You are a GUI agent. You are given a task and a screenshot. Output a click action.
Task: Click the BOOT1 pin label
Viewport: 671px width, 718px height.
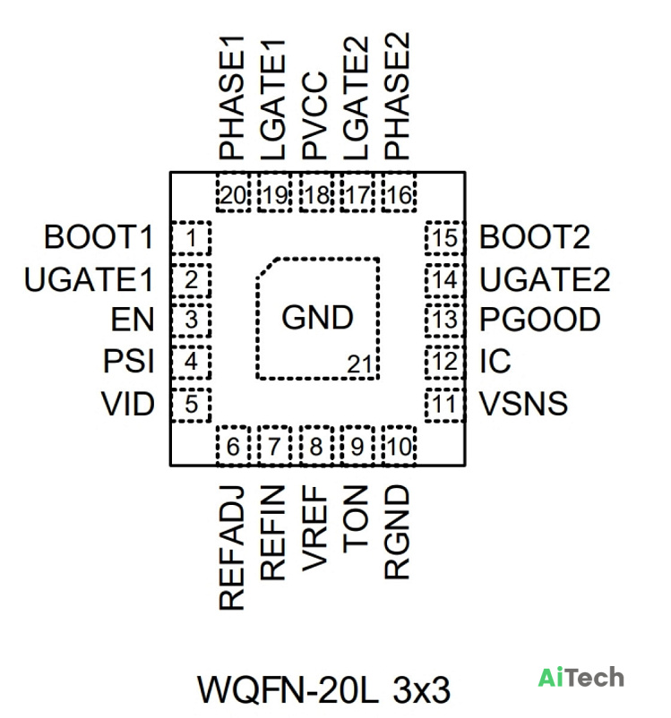(x=99, y=237)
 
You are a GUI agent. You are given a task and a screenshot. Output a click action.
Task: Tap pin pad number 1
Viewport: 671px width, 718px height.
(x=191, y=238)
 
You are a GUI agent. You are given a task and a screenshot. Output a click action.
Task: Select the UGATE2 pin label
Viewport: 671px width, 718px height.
(x=545, y=279)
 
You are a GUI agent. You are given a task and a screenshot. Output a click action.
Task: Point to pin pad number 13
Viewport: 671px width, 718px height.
(x=444, y=320)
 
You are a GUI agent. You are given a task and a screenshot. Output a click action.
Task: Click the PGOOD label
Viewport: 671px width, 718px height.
(x=540, y=320)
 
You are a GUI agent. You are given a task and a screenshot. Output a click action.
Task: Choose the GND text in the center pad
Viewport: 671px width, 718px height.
(x=317, y=317)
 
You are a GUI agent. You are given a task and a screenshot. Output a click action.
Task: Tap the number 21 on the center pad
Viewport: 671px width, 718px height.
(x=359, y=365)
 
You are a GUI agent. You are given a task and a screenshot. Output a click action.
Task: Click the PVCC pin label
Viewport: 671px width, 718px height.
(x=314, y=115)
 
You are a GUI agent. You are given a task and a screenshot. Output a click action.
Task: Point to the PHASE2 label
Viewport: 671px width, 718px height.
(x=397, y=96)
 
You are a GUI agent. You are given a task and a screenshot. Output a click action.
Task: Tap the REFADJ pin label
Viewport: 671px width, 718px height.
(x=231, y=548)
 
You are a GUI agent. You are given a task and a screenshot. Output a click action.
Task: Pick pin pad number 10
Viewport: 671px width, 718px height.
(x=400, y=446)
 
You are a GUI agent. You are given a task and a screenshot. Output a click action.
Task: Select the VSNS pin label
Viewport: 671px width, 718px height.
(x=523, y=404)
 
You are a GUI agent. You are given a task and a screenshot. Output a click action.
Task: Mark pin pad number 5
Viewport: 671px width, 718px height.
(x=191, y=405)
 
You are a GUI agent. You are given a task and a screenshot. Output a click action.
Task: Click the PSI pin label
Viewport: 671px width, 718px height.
(x=128, y=362)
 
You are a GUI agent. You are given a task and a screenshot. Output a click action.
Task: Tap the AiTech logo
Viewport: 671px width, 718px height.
(x=581, y=677)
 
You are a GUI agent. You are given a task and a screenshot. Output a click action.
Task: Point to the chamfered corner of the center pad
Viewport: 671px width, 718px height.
(x=267, y=268)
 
